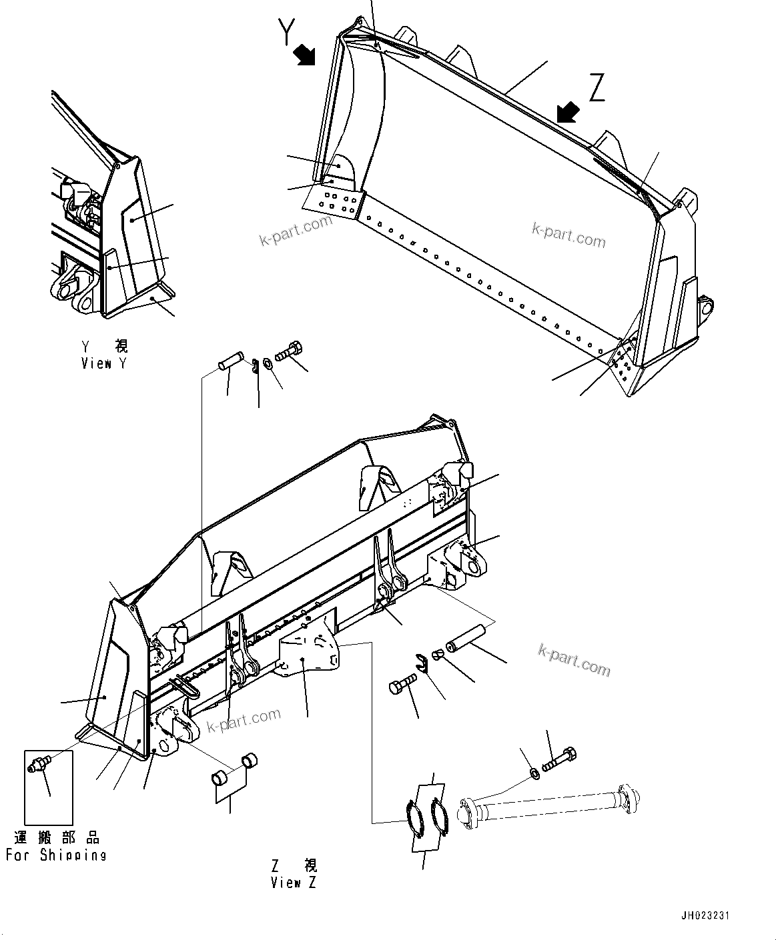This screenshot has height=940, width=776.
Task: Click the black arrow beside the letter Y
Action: (x=305, y=55)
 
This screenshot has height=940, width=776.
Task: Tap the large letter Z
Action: (x=596, y=88)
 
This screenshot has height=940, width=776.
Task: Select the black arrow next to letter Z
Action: (x=568, y=112)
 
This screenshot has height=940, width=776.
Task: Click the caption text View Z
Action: (x=294, y=883)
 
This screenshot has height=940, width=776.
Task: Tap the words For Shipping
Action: (x=56, y=855)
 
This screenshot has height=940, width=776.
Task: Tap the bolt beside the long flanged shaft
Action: (x=560, y=761)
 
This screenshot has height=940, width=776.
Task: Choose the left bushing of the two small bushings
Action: (x=221, y=778)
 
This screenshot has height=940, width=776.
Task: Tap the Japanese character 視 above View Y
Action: (x=121, y=346)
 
